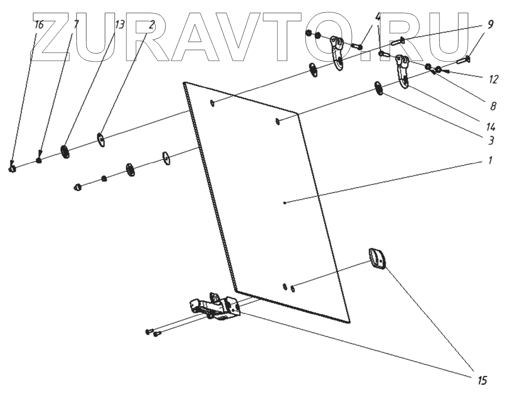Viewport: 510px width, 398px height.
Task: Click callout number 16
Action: point(39,24)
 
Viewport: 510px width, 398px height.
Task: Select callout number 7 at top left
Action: point(76,24)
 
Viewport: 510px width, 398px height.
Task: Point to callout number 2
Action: point(151,25)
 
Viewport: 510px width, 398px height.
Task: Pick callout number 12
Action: point(493,79)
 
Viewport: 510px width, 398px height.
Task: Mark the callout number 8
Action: point(493,107)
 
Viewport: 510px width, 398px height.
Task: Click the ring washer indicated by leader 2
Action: point(101,139)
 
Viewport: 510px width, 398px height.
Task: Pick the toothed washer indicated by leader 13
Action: point(65,152)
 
